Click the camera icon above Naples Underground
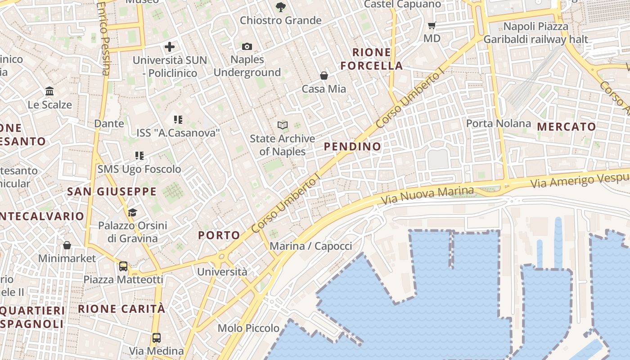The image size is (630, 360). pyautogui.click(x=247, y=46)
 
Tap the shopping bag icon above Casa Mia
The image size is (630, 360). pyautogui.click(x=324, y=76)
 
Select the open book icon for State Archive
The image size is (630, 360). pyautogui.click(x=282, y=125)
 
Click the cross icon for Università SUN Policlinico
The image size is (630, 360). pyautogui.click(x=170, y=46)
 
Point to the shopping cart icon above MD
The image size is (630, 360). pyautogui.click(x=432, y=25)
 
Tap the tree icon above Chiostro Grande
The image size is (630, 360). pyautogui.click(x=280, y=7)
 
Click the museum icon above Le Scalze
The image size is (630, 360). pyautogui.click(x=49, y=91)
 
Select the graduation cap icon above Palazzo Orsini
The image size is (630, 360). pyautogui.click(x=132, y=212)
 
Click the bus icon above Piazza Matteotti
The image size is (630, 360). pyautogui.click(x=123, y=266)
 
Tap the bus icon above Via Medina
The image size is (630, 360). pyautogui.click(x=156, y=337)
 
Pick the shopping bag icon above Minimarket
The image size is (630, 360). pyautogui.click(x=67, y=245)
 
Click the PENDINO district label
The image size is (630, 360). pyautogui.click(x=352, y=146)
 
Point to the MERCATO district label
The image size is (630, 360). pyautogui.click(x=566, y=127)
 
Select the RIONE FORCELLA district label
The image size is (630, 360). pyautogui.click(x=371, y=59)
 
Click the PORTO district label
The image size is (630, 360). pyautogui.click(x=219, y=235)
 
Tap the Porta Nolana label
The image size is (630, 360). pyautogui.click(x=498, y=123)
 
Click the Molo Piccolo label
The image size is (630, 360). pyautogui.click(x=248, y=328)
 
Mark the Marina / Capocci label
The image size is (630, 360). pyautogui.click(x=310, y=246)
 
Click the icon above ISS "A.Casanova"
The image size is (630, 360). pyautogui.click(x=178, y=120)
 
